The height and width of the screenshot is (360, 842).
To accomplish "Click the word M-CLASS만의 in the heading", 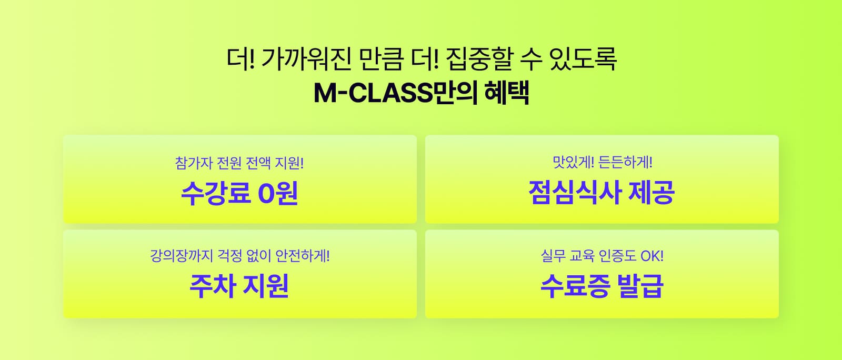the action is coord(395,93).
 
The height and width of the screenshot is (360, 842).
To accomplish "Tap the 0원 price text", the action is coord(278,193).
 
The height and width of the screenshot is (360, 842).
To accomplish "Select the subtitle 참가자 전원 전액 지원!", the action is coord(239,163).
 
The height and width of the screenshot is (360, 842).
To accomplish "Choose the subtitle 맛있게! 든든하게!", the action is coord(603,162).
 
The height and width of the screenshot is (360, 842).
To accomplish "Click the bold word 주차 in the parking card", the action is coord(213,286).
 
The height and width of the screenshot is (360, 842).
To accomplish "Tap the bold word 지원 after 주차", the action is coord(266,286).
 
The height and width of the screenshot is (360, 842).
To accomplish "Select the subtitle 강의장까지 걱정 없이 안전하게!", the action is coord(240,256).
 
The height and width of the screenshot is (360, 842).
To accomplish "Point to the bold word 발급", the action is coord(640,286).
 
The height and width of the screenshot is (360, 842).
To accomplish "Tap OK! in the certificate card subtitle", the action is coord(652,256).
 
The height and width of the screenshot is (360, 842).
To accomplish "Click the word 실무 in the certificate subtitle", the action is coord(553,256).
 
